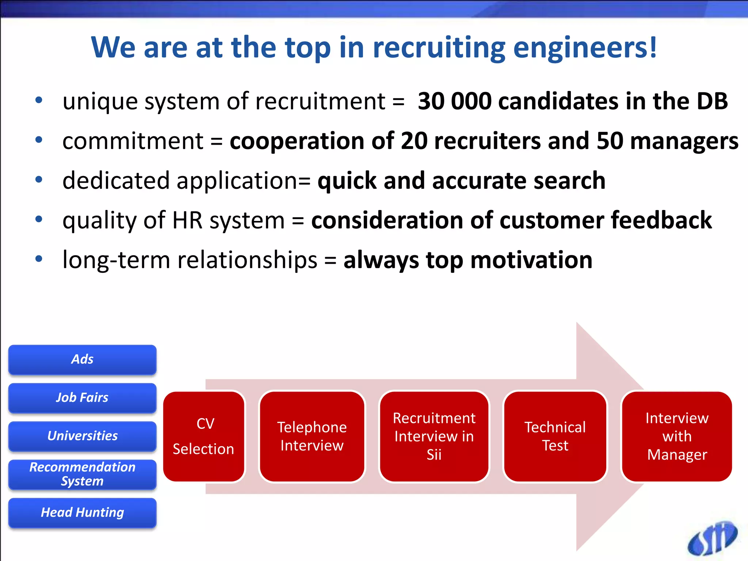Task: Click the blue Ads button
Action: (x=82, y=359)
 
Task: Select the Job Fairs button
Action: (x=82, y=398)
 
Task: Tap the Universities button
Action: (x=82, y=436)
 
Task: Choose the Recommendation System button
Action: (x=82, y=474)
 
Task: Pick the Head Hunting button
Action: (x=82, y=512)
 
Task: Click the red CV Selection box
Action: (x=204, y=436)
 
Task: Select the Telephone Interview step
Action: (x=312, y=436)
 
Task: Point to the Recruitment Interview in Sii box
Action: (x=434, y=436)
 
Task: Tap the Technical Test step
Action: (x=555, y=436)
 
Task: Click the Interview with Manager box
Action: (x=677, y=436)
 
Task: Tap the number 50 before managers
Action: (x=610, y=141)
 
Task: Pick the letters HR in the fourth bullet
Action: (x=187, y=221)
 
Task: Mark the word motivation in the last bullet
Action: (x=531, y=260)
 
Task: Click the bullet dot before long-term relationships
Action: (x=39, y=259)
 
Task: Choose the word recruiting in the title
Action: (x=439, y=48)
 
